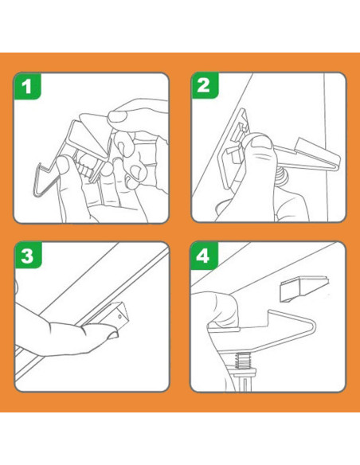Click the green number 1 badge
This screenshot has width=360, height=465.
click(27, 86)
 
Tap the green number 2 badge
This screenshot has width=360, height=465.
click(205, 85)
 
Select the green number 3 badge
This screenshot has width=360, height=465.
click(28, 256)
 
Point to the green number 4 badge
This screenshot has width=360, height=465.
click(204, 256)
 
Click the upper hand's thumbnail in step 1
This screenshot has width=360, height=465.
click(116, 117)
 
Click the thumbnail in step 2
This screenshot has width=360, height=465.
click(262, 144)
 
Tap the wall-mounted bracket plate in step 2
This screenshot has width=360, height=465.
click(233, 148)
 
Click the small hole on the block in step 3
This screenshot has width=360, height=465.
click(119, 317)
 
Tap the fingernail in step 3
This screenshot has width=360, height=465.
click(114, 335)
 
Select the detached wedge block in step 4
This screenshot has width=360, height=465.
click(305, 289)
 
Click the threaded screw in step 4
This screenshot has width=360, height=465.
click(241, 360)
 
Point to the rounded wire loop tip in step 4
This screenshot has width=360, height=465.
click(315, 326)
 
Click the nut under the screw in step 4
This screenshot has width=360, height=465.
click(242, 372)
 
